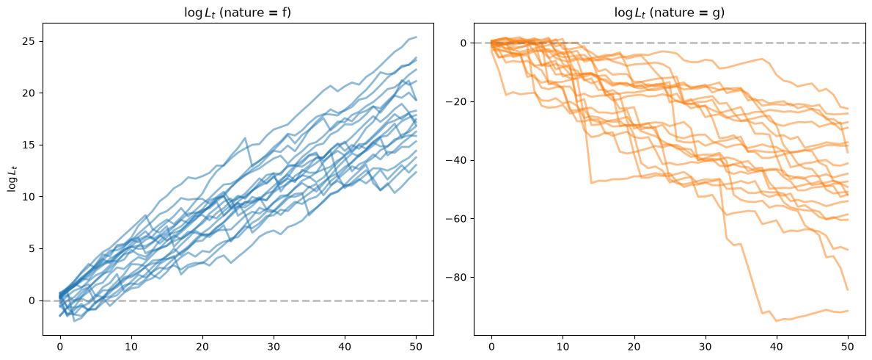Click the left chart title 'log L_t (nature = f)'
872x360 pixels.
[238, 12]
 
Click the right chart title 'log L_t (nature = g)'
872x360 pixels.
[670, 12]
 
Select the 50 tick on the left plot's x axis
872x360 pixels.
[417, 346]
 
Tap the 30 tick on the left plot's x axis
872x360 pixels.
[274, 346]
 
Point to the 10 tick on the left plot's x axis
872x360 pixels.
[132, 346]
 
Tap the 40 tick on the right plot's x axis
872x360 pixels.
[777, 346]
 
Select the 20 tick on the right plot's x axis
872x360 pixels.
[634, 346]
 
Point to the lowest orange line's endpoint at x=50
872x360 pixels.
[848, 310]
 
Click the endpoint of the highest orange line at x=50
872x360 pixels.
[848, 109]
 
